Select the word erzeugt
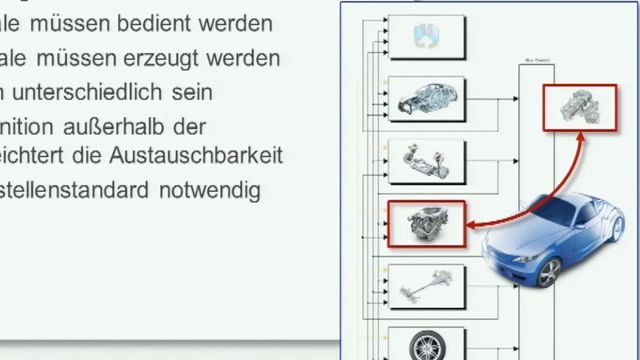pyautogui.click(x=175, y=57)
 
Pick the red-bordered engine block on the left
pyautogui.click(x=425, y=223)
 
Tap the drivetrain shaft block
pyautogui.click(x=424, y=286)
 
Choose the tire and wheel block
pyautogui.click(x=424, y=343)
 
